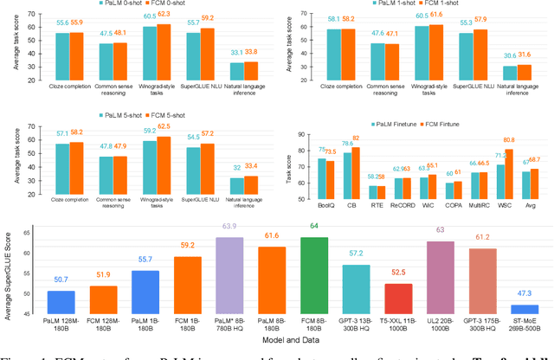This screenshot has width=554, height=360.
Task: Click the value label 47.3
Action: click(523, 294)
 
